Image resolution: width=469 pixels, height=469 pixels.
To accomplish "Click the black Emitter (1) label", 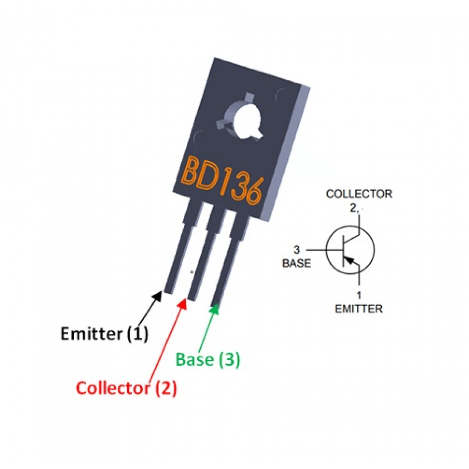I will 104,333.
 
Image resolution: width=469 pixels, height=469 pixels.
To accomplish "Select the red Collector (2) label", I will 126,388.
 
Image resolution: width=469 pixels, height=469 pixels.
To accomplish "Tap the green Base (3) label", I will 208,359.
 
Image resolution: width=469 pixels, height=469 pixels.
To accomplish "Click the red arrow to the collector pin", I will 166,341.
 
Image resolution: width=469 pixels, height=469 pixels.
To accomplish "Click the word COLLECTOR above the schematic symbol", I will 359,194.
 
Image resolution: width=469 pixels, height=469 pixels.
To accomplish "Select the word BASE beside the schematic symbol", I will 297,263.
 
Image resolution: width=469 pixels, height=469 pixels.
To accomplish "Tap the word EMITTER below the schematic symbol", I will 359,309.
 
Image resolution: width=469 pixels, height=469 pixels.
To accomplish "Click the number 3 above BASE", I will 297,250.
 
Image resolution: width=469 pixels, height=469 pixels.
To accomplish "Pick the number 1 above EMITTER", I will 359,295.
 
